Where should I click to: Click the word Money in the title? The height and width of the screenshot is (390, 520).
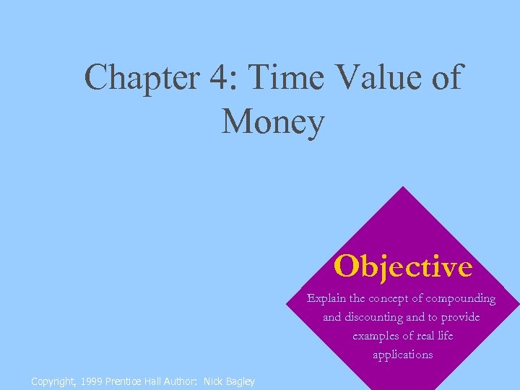[x=273, y=121]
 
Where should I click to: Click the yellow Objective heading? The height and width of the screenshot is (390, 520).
[x=403, y=267]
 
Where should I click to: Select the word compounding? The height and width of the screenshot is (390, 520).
[x=461, y=299]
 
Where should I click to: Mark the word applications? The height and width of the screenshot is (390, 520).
[x=403, y=355]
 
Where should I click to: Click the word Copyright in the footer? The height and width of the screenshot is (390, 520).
[x=52, y=381]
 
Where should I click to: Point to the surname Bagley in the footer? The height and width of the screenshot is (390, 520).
[x=240, y=381]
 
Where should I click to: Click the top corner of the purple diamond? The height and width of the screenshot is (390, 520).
[x=402, y=188]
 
